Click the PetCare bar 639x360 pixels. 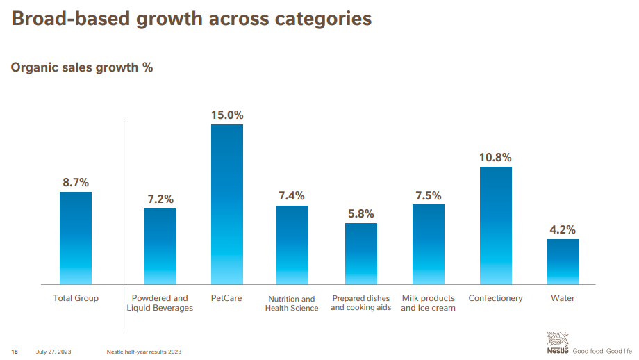[x=227, y=204]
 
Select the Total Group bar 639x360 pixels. [x=76, y=238]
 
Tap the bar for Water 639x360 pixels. [x=563, y=261]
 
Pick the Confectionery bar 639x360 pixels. [x=495, y=225]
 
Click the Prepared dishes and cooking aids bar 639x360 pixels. [x=361, y=254]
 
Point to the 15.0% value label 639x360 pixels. [x=227, y=115]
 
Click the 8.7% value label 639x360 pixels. [x=76, y=183]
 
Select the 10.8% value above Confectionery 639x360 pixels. [x=495, y=158]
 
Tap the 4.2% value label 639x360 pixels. [x=563, y=230]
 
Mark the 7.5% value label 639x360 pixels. [x=429, y=196]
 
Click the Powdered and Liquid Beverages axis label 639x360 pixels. [x=160, y=303]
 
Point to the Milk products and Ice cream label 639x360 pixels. [x=429, y=303]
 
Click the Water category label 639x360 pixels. [x=563, y=298]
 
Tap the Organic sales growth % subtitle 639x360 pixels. [x=82, y=68]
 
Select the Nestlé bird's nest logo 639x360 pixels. [x=558, y=341]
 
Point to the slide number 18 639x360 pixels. [x=14, y=351]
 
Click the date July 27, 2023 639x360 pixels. [x=53, y=351]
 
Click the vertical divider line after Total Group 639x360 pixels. [x=124, y=222]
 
